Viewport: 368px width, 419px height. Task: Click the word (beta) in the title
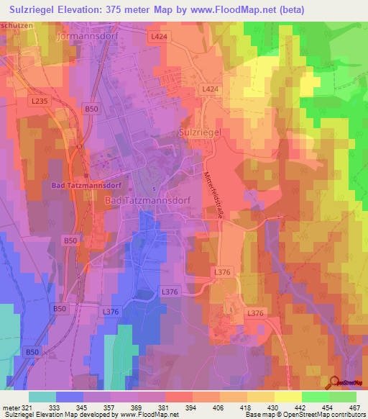pyautogui.click(x=288, y=9)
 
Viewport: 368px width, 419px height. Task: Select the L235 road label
pyautogui.click(x=40, y=102)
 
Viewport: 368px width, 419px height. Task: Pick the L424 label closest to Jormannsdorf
pyautogui.click(x=159, y=35)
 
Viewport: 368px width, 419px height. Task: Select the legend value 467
pyautogui.click(x=354, y=407)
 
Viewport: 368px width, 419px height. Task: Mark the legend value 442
pyautogui.click(x=301, y=407)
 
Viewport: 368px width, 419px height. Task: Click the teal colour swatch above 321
pyautogui.click(x=42, y=397)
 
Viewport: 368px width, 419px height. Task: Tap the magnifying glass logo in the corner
pyautogui.click(x=334, y=382)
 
